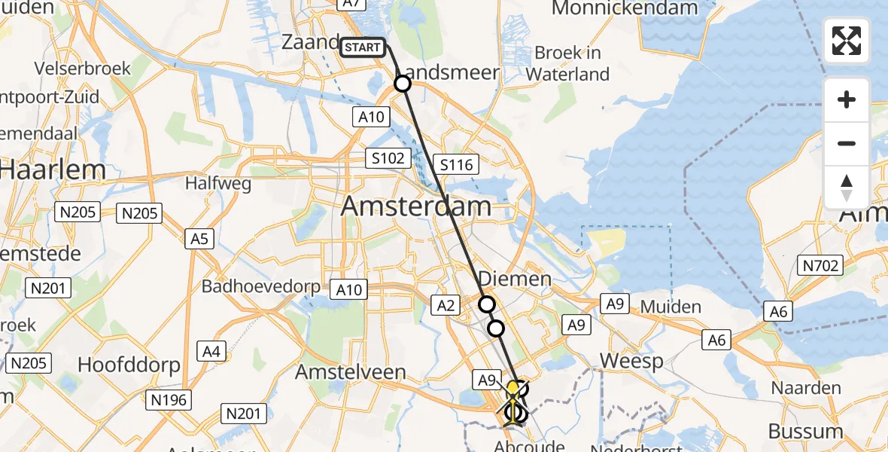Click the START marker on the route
pyautogui.click(x=363, y=47)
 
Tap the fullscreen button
pyautogui.click(x=847, y=41)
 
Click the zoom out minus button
pyautogui.click(x=847, y=143)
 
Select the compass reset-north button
pyautogui.click(x=847, y=188)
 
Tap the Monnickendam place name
pyautogui.click(x=625, y=9)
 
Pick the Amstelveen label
pyautogui.click(x=351, y=372)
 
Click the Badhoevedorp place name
pyautogui.click(x=260, y=287)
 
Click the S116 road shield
pyautogui.click(x=456, y=164)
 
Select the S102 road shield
pyautogui.click(x=388, y=158)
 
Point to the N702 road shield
pyautogui.click(x=820, y=265)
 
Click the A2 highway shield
pyautogui.click(x=445, y=304)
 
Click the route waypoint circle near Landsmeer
pyautogui.click(x=403, y=84)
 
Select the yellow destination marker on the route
pyautogui.click(x=513, y=389)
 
